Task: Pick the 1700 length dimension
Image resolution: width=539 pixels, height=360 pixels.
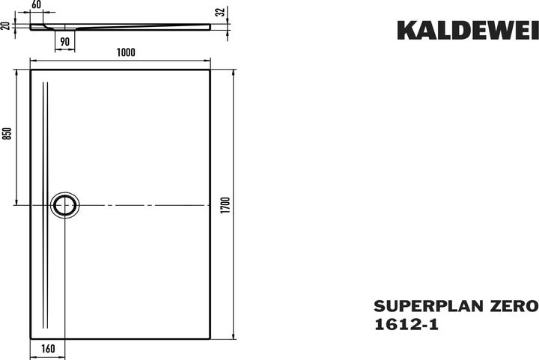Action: pos(224,204)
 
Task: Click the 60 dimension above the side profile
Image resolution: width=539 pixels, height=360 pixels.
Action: pos(37,5)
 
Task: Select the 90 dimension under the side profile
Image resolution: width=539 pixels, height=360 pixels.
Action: pos(64,42)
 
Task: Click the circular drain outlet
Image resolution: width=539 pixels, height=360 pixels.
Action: pos(64,204)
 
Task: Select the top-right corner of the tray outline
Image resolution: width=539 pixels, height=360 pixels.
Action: pos(210,70)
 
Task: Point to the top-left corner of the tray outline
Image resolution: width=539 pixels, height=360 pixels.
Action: pos(30,70)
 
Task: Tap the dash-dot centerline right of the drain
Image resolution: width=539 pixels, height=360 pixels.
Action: pos(142,204)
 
